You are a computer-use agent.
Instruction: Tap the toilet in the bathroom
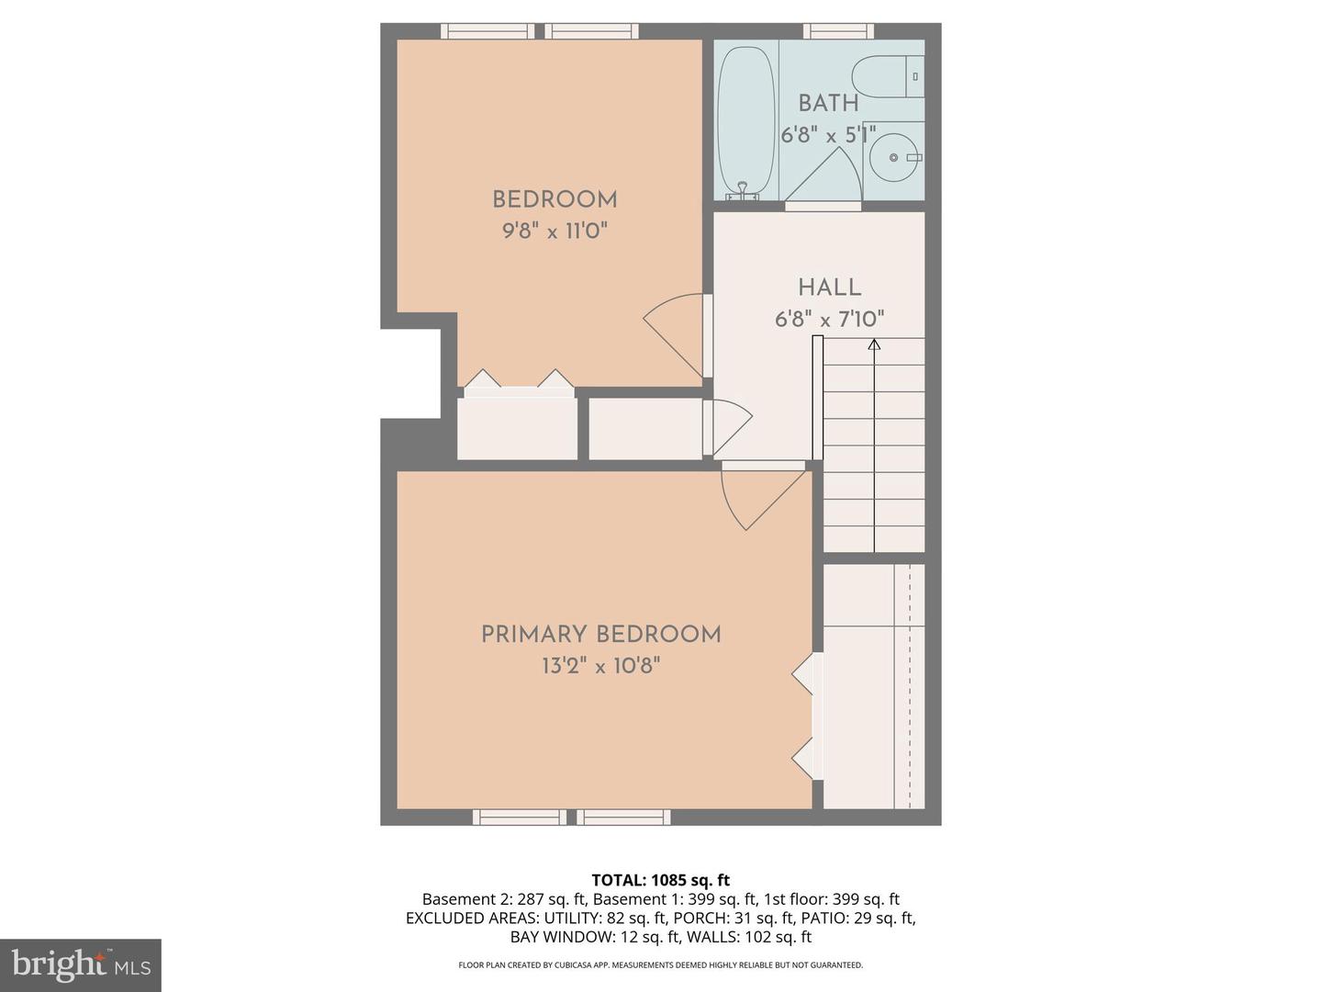pos(887,76)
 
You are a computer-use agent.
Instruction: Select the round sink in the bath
pos(894,158)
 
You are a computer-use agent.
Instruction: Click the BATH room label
pos(828,103)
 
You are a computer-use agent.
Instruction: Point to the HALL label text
pos(829,287)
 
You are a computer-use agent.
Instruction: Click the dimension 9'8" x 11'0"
pos(555,231)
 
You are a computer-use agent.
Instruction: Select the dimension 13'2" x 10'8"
pos(600,666)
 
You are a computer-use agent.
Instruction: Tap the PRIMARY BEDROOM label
pos(600,635)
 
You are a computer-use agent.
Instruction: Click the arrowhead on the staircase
pos(874,344)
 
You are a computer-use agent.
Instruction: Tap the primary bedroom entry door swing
pos(757,496)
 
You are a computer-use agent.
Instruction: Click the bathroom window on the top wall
pos(838,31)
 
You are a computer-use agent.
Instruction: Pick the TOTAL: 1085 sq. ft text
pos(660,880)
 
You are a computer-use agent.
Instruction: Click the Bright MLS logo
pos(81,964)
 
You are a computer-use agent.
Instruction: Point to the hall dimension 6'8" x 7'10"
pos(829,320)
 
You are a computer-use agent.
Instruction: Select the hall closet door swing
pos(730,427)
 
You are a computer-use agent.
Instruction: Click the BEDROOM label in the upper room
pos(555,199)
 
